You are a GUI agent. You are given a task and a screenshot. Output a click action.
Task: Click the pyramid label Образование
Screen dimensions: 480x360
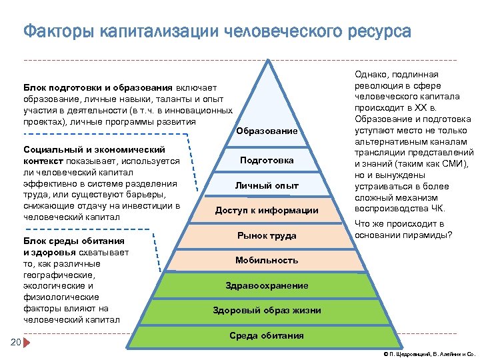pyautogui.click(x=267, y=131)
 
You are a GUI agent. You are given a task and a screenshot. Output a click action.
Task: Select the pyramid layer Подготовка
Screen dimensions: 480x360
pyautogui.click(x=267, y=161)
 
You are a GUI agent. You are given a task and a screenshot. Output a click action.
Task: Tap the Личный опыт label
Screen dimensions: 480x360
pyautogui.click(x=267, y=185)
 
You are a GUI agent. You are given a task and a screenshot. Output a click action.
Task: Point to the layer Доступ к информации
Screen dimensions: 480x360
pyautogui.click(x=267, y=211)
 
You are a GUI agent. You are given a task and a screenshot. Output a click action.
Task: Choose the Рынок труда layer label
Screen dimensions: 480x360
pyautogui.click(x=267, y=236)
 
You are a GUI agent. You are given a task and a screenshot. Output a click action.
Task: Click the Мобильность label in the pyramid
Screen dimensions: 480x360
pyautogui.click(x=267, y=260)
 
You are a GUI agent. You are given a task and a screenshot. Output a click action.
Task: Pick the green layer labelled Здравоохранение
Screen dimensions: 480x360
pyautogui.click(x=267, y=285)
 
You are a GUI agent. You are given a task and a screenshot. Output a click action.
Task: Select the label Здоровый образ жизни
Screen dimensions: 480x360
pyautogui.click(x=267, y=311)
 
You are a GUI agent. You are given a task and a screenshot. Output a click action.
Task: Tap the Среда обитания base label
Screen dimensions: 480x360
pyautogui.click(x=267, y=335)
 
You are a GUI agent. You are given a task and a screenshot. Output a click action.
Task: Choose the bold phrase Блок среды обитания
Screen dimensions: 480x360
pyautogui.click(x=73, y=241)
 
